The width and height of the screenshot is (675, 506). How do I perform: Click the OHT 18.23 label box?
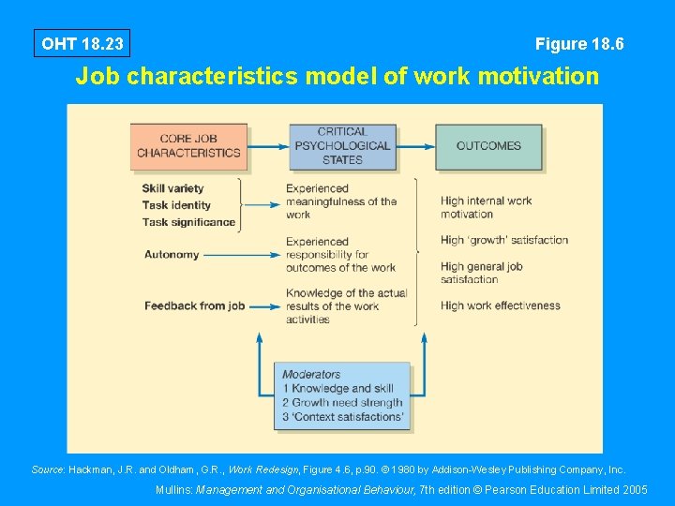(82, 43)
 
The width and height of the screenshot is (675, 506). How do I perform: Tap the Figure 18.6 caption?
(579, 44)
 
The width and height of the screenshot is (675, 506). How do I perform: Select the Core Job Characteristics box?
(188, 146)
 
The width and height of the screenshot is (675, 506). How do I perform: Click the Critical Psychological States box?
(342, 146)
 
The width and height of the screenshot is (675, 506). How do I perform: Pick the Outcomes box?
(488, 146)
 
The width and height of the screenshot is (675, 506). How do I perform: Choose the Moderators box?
(342, 395)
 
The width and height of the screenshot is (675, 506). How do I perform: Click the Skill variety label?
(173, 188)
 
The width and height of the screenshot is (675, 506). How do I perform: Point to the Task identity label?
(177, 205)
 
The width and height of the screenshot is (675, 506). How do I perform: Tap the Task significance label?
(189, 222)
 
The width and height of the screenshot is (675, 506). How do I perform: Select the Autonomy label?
(172, 254)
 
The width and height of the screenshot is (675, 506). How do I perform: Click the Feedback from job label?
(195, 305)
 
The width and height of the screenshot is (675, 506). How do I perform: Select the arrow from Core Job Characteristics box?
(268, 146)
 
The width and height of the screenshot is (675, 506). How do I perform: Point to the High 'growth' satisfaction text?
(504, 240)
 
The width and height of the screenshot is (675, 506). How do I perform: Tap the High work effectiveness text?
(501, 305)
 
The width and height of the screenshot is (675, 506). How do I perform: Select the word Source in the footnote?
(47, 469)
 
